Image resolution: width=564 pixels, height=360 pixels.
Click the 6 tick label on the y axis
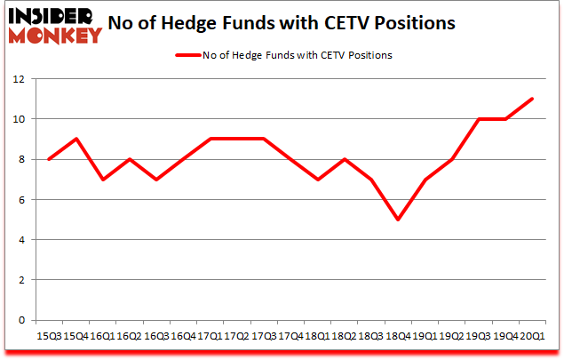[19, 199]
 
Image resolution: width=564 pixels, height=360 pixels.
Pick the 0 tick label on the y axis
[19, 320]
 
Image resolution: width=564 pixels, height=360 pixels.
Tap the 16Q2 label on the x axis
[130, 335]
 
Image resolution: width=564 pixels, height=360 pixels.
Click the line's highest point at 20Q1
[532, 99]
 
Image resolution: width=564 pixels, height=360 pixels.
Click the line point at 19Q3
[480, 119]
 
